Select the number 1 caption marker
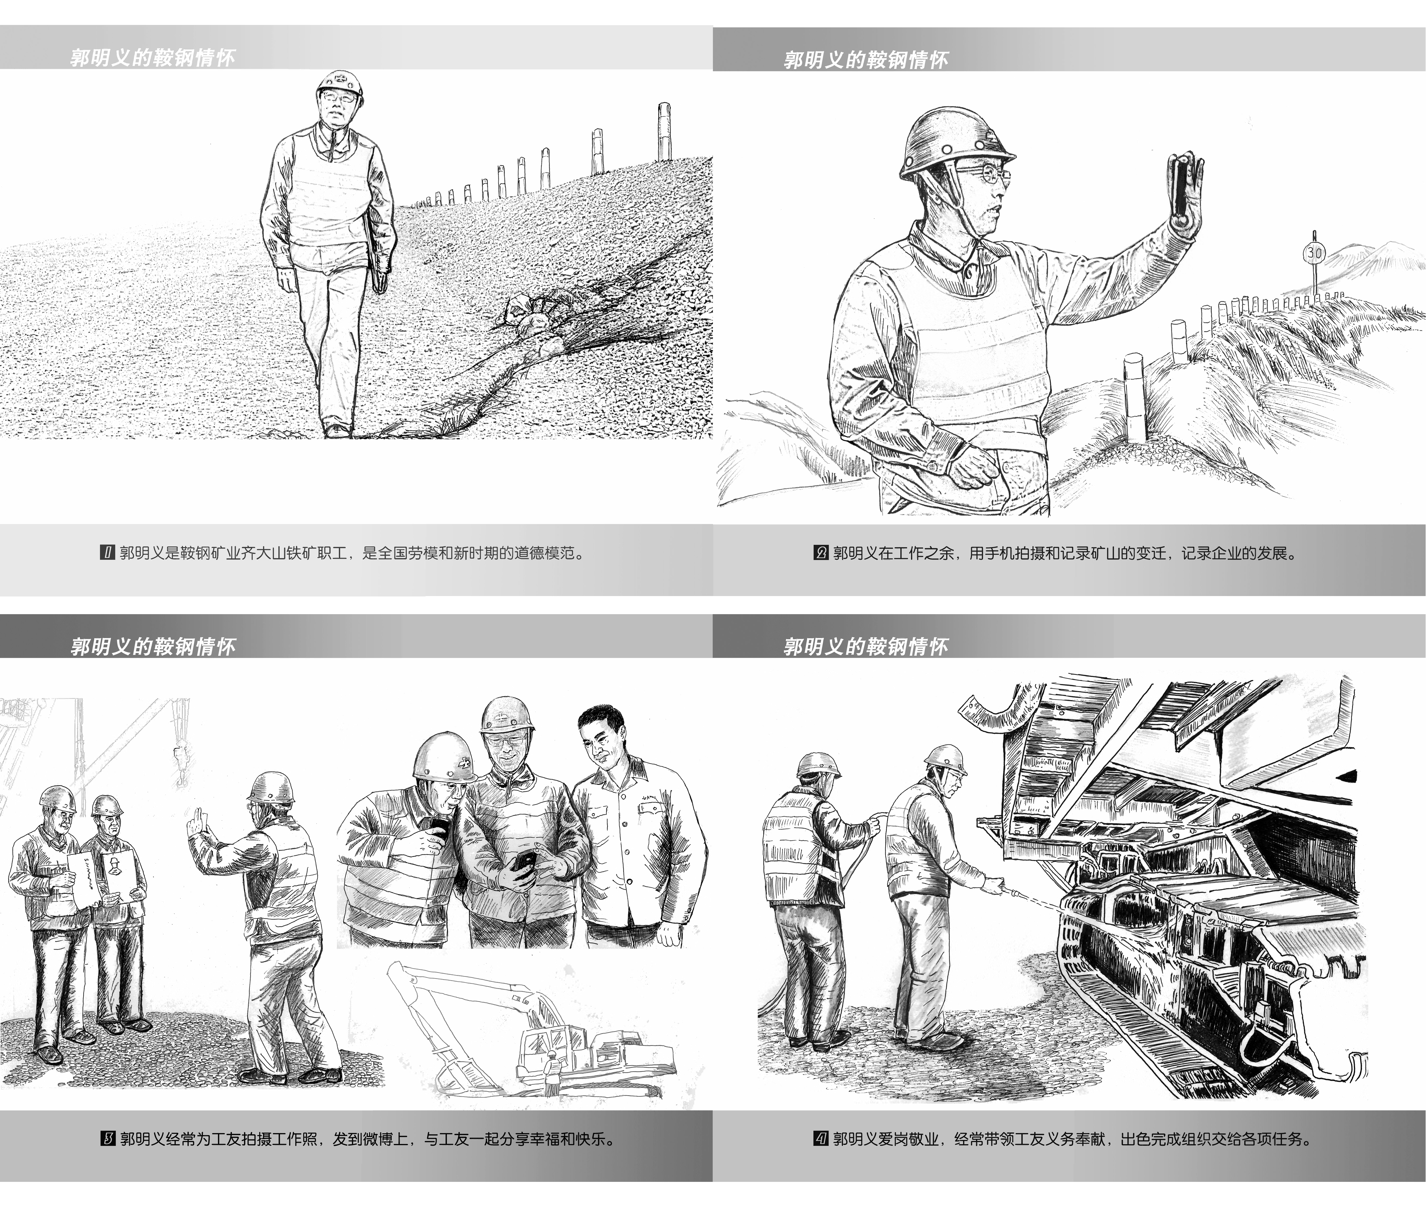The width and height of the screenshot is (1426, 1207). [107, 553]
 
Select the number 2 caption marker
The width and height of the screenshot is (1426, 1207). [820, 553]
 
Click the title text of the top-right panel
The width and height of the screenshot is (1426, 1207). [866, 60]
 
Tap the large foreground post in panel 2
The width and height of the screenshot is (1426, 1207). [1134, 397]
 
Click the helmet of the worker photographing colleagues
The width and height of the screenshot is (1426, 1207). [271, 788]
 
